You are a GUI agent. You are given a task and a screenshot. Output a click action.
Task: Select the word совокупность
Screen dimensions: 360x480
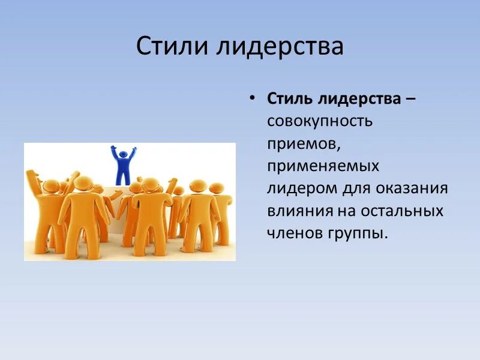(x=320, y=121)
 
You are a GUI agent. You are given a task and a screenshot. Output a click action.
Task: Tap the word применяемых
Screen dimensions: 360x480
(x=323, y=166)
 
